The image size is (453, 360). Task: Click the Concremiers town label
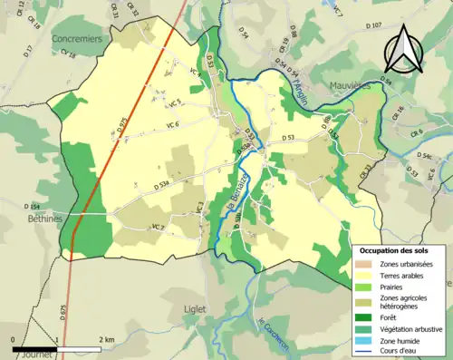[78, 39]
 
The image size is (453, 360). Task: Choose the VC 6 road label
[173, 124]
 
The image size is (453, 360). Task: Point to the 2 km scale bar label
[109, 340]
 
